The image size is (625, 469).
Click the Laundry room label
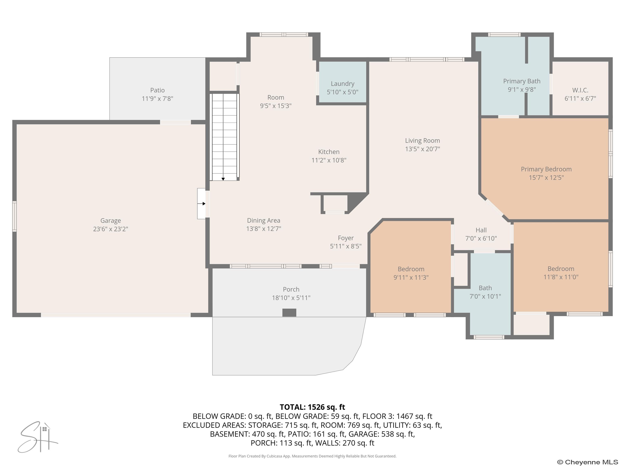(x=342, y=84)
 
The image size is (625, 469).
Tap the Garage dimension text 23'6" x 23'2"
(x=110, y=229)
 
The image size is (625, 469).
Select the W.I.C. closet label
(x=580, y=90)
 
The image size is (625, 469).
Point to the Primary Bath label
(x=522, y=81)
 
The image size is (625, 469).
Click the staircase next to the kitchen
(x=224, y=137)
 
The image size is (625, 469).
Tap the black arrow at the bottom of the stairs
(x=223, y=179)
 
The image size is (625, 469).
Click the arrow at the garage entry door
(x=203, y=204)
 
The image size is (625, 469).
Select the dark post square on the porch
(x=289, y=312)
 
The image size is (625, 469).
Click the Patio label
(x=157, y=90)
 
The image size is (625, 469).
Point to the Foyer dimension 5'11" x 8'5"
(x=345, y=246)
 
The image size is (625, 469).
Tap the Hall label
(x=481, y=230)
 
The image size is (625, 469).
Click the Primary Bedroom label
(x=546, y=169)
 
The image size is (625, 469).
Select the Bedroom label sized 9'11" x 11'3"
(x=411, y=269)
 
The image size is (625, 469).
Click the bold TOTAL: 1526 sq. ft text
(x=312, y=407)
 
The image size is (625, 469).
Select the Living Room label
(x=422, y=140)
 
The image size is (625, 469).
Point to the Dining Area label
(x=263, y=220)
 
